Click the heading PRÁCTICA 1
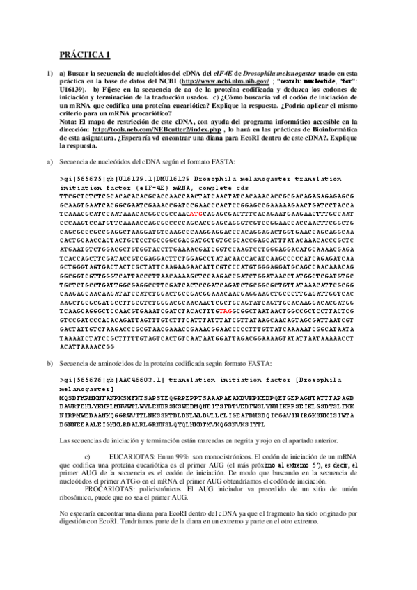coord(80,53)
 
